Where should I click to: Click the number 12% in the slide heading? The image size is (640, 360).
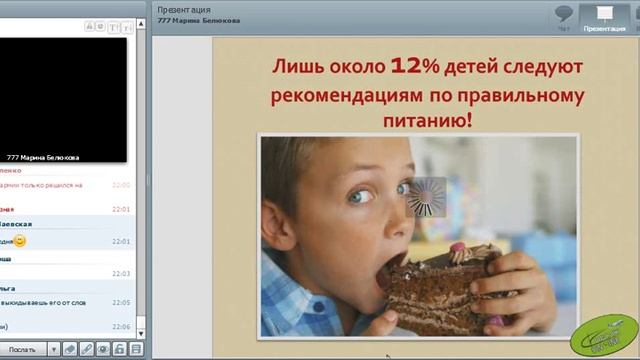point(413,67)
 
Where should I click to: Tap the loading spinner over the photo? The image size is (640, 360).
point(426,196)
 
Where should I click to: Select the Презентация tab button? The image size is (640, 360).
point(603,18)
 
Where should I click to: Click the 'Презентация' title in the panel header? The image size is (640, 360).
point(184,9)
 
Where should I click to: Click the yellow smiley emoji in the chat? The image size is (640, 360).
point(20,241)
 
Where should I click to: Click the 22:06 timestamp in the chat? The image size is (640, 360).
point(121,326)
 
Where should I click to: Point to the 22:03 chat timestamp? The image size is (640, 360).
point(121,273)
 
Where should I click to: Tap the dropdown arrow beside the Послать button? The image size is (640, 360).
point(45,349)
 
